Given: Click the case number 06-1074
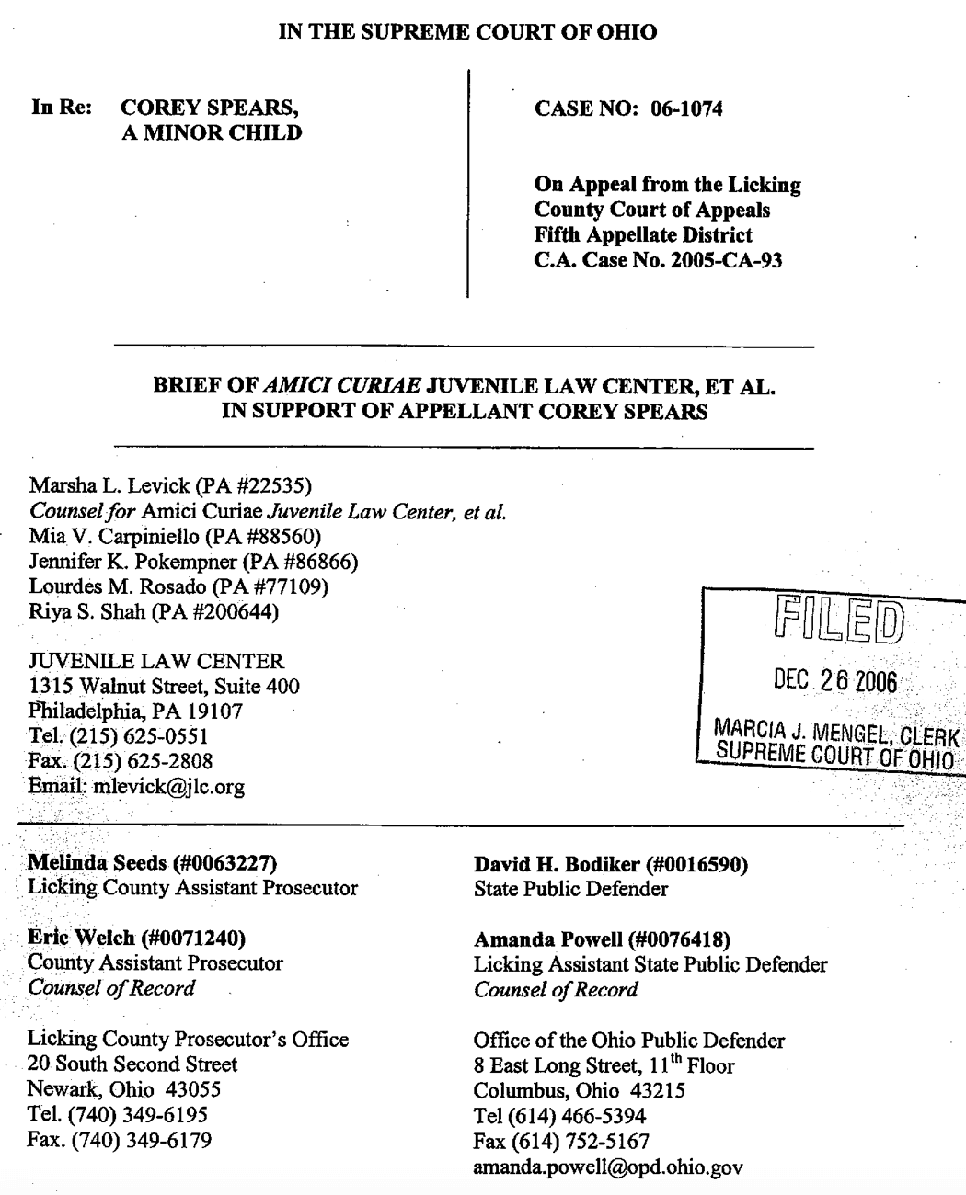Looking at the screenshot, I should (x=686, y=108).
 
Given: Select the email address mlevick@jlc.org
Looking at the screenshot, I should (x=169, y=787).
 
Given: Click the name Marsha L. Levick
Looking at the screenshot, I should (x=109, y=485).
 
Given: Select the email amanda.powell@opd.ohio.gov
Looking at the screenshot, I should (x=607, y=1167).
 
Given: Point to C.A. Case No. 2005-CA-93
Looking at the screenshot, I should (x=658, y=260).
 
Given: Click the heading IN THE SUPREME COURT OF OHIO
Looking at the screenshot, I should (x=467, y=32).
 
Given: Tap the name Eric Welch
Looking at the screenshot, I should (x=81, y=938).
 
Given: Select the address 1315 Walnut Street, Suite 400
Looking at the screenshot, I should (x=164, y=686).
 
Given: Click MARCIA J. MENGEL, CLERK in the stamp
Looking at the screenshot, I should (x=836, y=734).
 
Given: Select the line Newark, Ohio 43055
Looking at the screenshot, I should (x=124, y=1090).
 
